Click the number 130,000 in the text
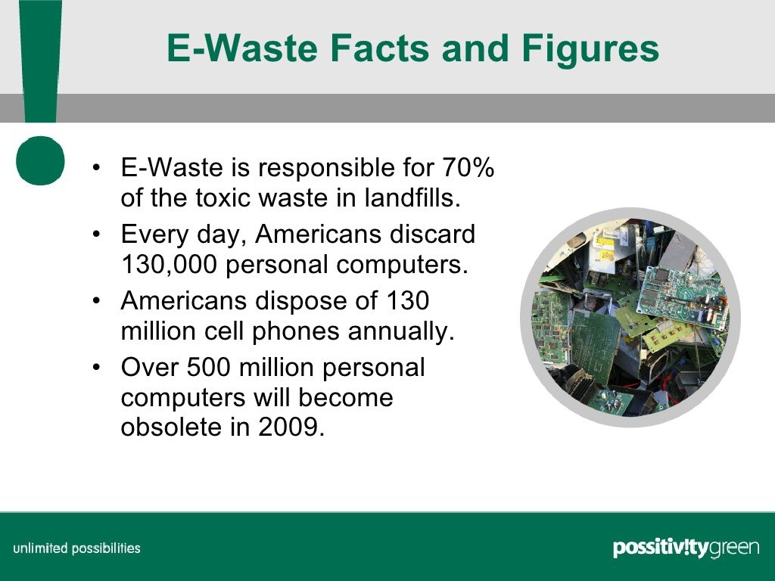coord(168,266)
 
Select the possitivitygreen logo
coord(686,548)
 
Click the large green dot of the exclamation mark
coord(40,161)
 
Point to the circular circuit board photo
coord(630,317)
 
